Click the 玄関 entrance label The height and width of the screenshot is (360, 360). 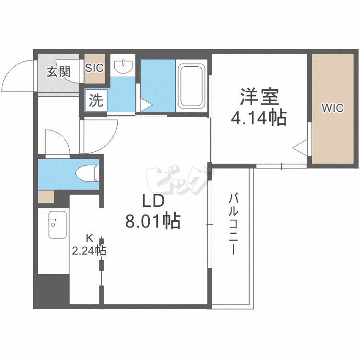(58, 72)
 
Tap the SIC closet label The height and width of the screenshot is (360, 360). (95, 68)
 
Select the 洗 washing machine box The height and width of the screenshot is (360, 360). (96, 100)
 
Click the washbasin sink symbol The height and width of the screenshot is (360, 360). (123, 65)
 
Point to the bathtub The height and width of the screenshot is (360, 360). (192, 86)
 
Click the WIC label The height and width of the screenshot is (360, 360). (333, 108)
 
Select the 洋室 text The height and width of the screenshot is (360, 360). (259, 96)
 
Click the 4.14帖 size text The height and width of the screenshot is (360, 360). (259, 118)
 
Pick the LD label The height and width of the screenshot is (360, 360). (154, 201)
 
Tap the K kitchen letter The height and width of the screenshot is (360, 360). (89, 238)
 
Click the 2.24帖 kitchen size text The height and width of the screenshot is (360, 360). (89, 251)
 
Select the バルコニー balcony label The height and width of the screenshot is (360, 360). (233, 224)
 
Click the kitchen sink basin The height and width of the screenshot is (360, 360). (58, 225)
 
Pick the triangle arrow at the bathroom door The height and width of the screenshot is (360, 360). (146, 105)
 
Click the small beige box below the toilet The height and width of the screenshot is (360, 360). (46, 197)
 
